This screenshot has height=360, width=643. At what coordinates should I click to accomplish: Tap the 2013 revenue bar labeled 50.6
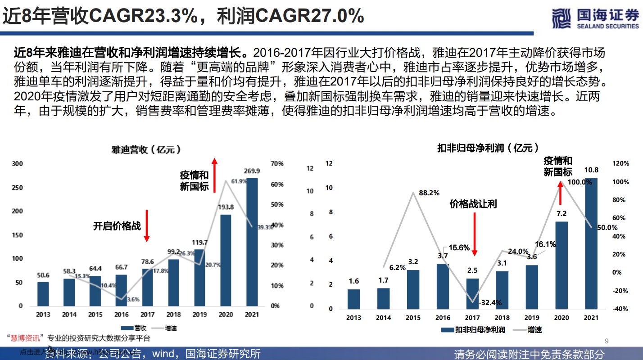pyautogui.click(x=43, y=294)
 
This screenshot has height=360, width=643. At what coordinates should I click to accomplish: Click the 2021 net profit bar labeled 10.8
pyautogui.click(x=591, y=243)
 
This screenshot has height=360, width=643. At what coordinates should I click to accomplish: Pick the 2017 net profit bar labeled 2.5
pyautogui.click(x=473, y=293)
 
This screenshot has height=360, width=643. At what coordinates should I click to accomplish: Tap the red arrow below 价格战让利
pyautogui.click(x=474, y=234)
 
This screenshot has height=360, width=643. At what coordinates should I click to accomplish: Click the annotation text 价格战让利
pyautogui.click(x=473, y=204)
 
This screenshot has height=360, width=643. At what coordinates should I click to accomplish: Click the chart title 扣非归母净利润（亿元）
pyautogui.click(x=488, y=148)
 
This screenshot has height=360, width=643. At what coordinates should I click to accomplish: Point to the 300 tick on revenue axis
pyautogui.click(x=17, y=164)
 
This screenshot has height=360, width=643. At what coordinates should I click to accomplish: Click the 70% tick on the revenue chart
pyautogui.click(x=277, y=164)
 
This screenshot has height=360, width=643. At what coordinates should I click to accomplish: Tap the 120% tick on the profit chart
pyautogui.click(x=620, y=164)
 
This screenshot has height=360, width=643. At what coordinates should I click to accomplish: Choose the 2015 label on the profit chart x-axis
pyautogui.click(x=413, y=318)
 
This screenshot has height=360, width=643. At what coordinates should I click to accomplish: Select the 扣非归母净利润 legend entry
pyautogui.click(x=473, y=330)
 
